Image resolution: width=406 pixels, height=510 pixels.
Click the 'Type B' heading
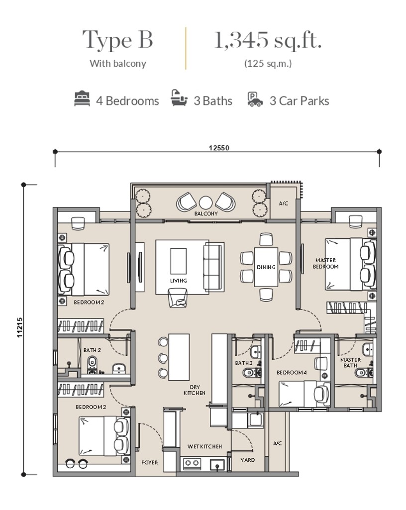coord(117,40)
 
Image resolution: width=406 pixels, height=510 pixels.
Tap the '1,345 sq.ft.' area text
coord(268,40)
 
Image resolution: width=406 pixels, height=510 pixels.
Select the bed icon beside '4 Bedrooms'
coord(82,99)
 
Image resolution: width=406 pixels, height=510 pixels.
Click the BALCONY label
coord(206,213)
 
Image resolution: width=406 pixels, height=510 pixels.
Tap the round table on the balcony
coord(205,202)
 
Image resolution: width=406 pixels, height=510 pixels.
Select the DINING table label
coord(266,267)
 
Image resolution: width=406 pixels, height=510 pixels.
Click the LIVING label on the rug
coord(178,281)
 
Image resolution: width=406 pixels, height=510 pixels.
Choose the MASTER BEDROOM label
coord(325,263)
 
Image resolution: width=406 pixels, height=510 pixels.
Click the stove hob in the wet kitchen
coord(192,464)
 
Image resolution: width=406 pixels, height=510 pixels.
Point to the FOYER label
coord(149,462)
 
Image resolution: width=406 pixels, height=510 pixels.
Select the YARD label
coord(247,460)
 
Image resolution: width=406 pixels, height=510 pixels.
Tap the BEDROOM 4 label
coord(292,372)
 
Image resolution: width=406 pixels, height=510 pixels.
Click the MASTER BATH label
coord(350,363)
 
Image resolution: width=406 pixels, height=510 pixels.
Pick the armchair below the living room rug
coord(178,298)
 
